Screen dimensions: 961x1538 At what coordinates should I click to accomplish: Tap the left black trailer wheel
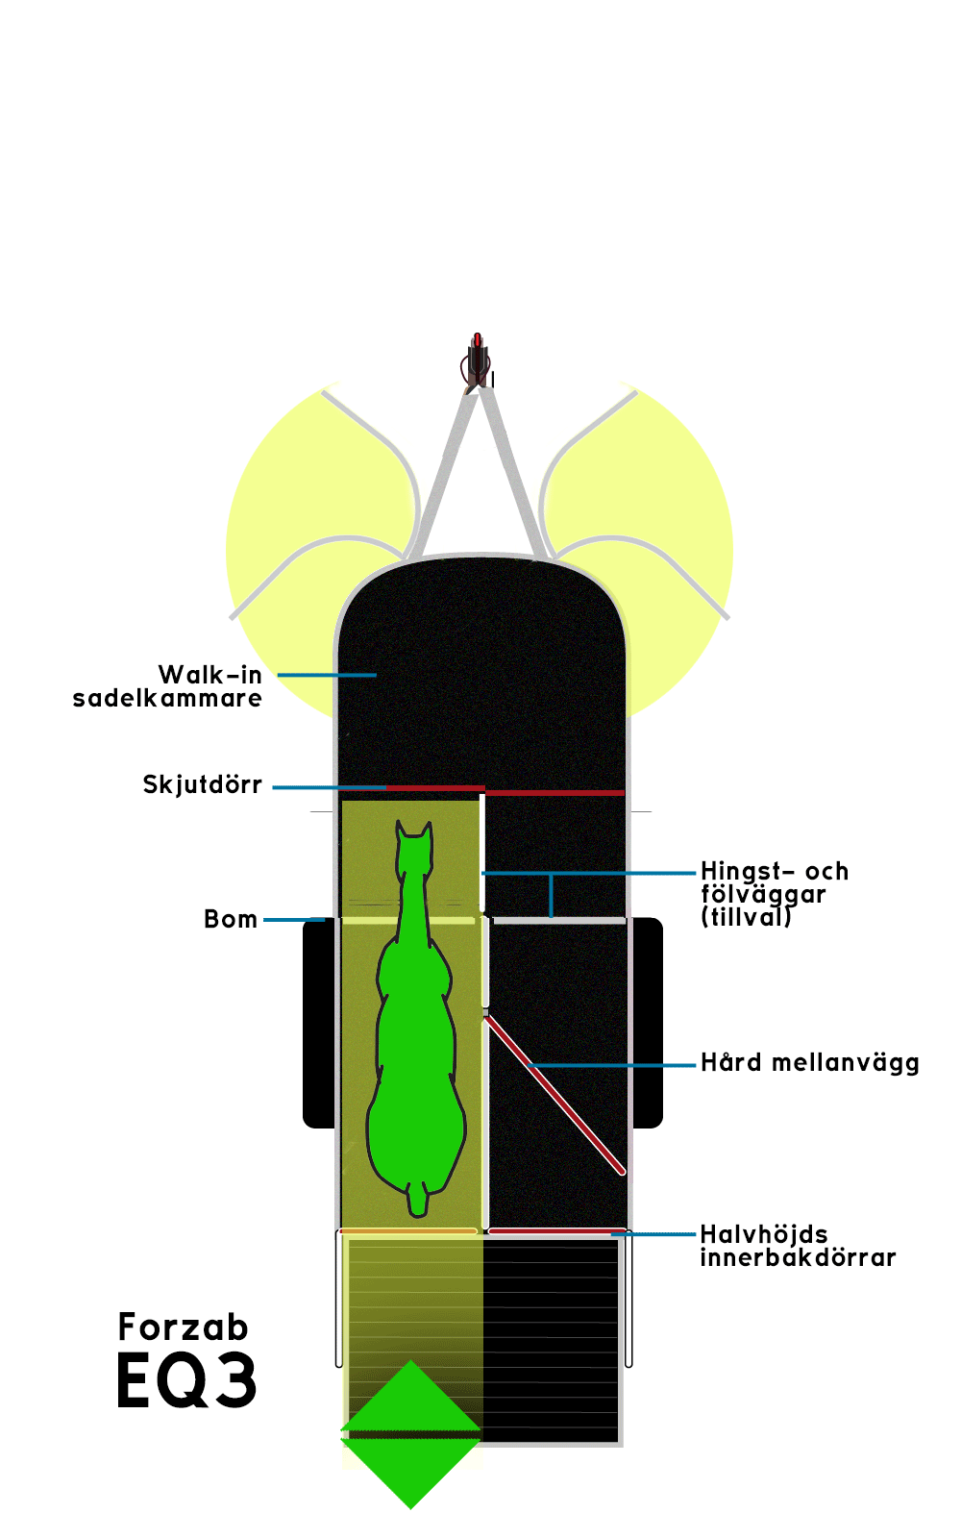tap(318, 1023)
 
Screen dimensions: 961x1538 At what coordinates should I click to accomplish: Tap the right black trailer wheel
tap(647, 1023)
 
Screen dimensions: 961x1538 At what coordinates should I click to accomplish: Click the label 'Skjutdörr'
tap(203, 784)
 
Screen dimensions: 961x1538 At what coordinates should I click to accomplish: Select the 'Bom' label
tap(231, 919)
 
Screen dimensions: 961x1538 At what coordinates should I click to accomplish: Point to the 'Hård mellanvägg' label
tap(809, 1063)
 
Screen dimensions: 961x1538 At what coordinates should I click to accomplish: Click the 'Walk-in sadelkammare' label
tap(167, 686)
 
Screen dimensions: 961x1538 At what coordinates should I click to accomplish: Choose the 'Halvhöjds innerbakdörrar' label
tap(798, 1246)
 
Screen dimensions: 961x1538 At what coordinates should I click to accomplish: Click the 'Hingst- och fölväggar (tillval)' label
tap(775, 894)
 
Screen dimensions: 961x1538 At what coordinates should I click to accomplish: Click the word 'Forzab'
tap(183, 1327)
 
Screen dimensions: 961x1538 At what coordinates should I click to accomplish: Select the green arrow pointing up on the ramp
tap(410, 1398)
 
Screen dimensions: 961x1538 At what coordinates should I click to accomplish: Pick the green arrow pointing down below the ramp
tap(410, 1473)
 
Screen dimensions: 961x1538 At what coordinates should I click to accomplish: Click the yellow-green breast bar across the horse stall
tap(408, 921)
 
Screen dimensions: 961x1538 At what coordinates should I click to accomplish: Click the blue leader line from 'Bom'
tap(294, 920)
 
